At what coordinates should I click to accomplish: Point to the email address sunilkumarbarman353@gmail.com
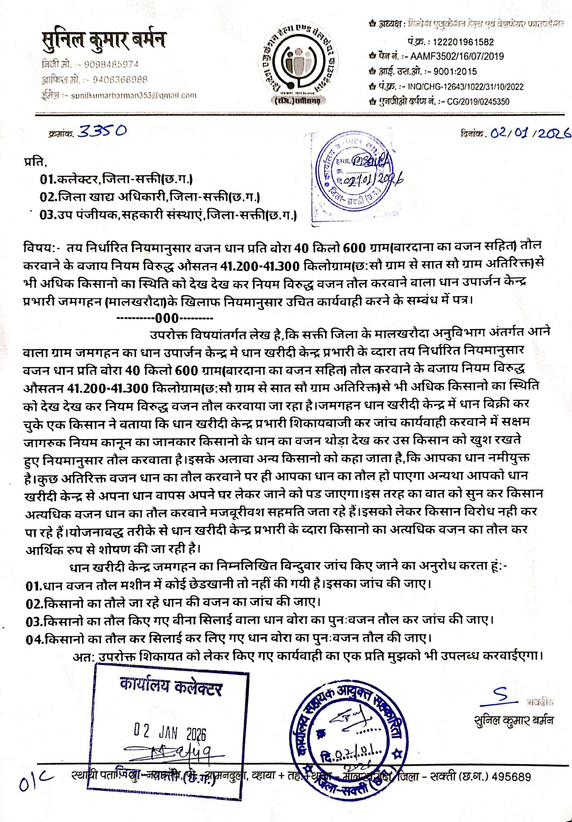click(134, 95)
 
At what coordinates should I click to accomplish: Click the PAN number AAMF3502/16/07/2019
click(457, 56)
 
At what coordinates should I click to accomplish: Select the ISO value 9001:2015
click(455, 71)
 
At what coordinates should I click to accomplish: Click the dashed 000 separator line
click(165, 318)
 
